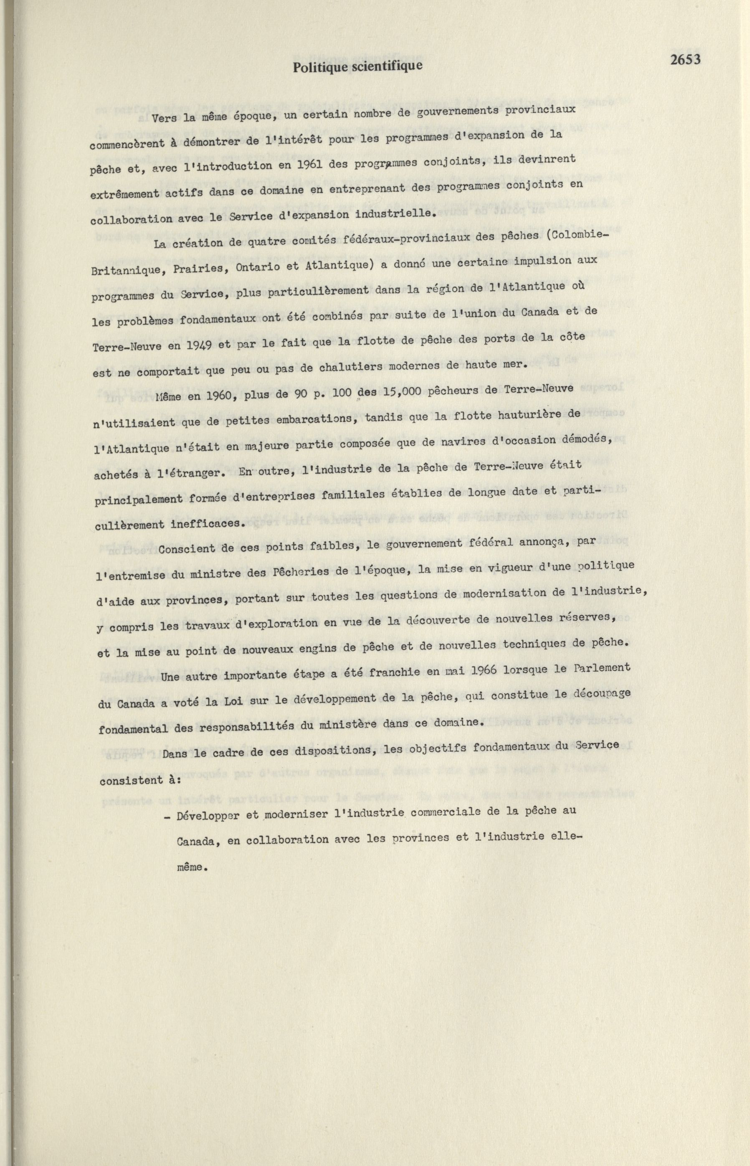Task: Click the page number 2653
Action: click(x=685, y=59)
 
